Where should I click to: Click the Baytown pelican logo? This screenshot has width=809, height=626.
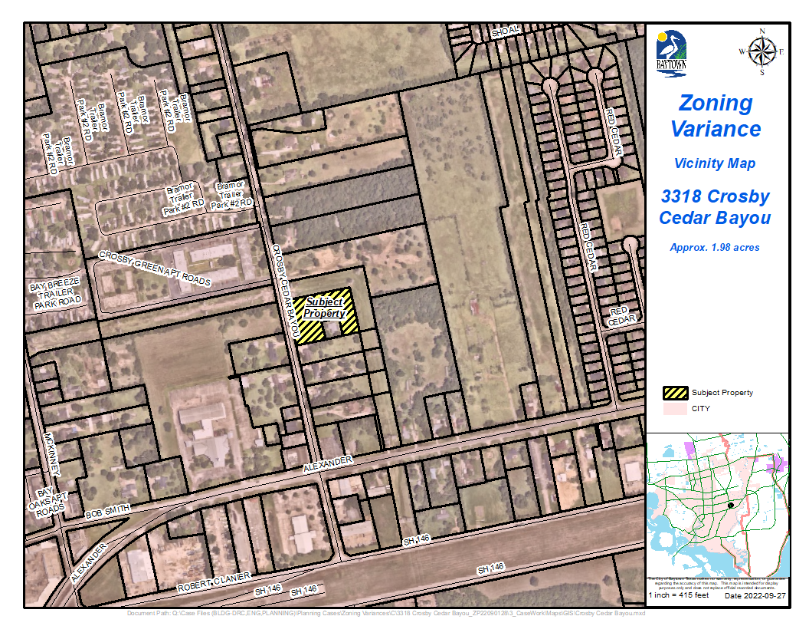pyautogui.click(x=671, y=53)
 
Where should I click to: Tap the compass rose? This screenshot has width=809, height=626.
pyautogui.click(x=762, y=51)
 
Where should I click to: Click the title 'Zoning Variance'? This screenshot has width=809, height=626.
pyautogui.click(x=716, y=115)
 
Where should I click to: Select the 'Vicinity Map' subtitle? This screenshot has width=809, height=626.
pyautogui.click(x=715, y=163)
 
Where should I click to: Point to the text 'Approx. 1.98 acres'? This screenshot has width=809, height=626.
pyautogui.click(x=715, y=248)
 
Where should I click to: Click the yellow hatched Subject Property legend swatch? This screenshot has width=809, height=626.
pyautogui.click(x=676, y=393)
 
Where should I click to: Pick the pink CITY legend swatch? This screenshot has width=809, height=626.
pyautogui.click(x=676, y=409)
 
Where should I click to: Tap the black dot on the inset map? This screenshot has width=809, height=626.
pyautogui.click(x=731, y=505)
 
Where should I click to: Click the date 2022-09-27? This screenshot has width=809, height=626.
pyautogui.click(x=754, y=595)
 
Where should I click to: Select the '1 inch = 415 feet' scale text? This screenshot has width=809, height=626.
pyautogui.click(x=680, y=595)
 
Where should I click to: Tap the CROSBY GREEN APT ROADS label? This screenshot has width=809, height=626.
pyautogui.click(x=155, y=269)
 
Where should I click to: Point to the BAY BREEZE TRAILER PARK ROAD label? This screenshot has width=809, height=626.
pyautogui.click(x=54, y=295)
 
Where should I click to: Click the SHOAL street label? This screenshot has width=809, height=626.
pyautogui.click(x=506, y=30)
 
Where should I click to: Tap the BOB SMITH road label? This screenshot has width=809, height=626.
pyautogui.click(x=108, y=510)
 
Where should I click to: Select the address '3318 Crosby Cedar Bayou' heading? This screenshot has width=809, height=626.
pyautogui.click(x=715, y=206)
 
